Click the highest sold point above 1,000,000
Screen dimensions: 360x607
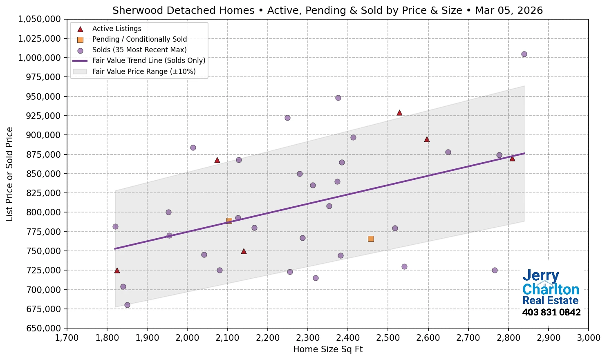[524, 54]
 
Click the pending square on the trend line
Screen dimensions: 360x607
[229, 221]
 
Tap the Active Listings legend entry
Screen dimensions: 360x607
[116, 29]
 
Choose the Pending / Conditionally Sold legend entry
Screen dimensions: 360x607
[139, 39]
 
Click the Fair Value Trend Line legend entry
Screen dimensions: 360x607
[148, 60]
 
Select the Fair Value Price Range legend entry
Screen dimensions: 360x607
[143, 72]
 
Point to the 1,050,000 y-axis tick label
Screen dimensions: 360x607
[40, 19]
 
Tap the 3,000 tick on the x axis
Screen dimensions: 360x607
[588, 338]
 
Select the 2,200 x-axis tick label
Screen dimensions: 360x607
[267, 338]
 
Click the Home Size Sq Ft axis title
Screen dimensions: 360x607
[328, 349]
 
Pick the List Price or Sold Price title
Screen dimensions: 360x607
[10, 174]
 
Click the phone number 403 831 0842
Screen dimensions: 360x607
[551, 313]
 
